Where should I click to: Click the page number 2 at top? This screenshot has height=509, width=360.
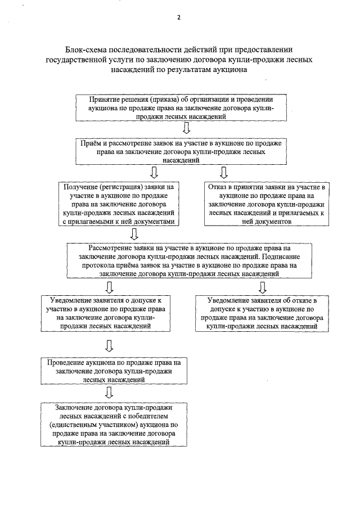pos(178,17)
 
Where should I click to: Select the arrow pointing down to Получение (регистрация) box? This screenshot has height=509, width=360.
pos(153,172)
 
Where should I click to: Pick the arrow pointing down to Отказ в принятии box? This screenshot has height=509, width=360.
pos(223,172)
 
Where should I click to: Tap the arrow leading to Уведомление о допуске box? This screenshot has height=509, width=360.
pos(110,286)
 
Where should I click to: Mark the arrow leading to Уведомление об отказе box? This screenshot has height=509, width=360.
pos(263,286)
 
